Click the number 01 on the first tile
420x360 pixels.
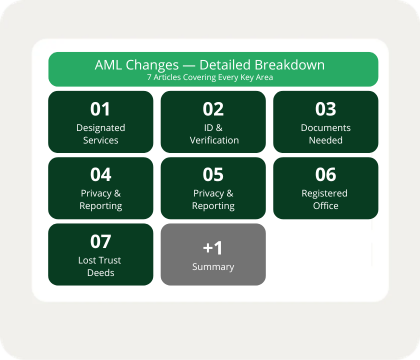click(x=100, y=109)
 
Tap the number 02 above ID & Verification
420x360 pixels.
click(x=213, y=109)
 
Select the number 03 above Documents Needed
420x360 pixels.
click(x=326, y=109)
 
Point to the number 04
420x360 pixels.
click(x=101, y=175)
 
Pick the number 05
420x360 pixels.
click(x=213, y=175)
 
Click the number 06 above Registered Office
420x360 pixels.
click(x=326, y=175)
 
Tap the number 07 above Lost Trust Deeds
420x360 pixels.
click(x=101, y=242)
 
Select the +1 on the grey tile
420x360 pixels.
click(x=213, y=248)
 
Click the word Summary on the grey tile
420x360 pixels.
click(x=213, y=267)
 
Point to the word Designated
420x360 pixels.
click(x=101, y=128)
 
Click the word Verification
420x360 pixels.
click(x=214, y=140)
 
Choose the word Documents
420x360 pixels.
click(x=326, y=128)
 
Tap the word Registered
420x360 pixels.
click(x=324, y=194)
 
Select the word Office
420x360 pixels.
click(x=326, y=206)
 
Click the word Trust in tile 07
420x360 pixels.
click(x=110, y=260)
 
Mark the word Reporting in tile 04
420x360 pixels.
click(x=101, y=206)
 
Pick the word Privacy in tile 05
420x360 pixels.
click(x=209, y=194)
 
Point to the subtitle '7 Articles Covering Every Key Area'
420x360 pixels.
click(x=210, y=77)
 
